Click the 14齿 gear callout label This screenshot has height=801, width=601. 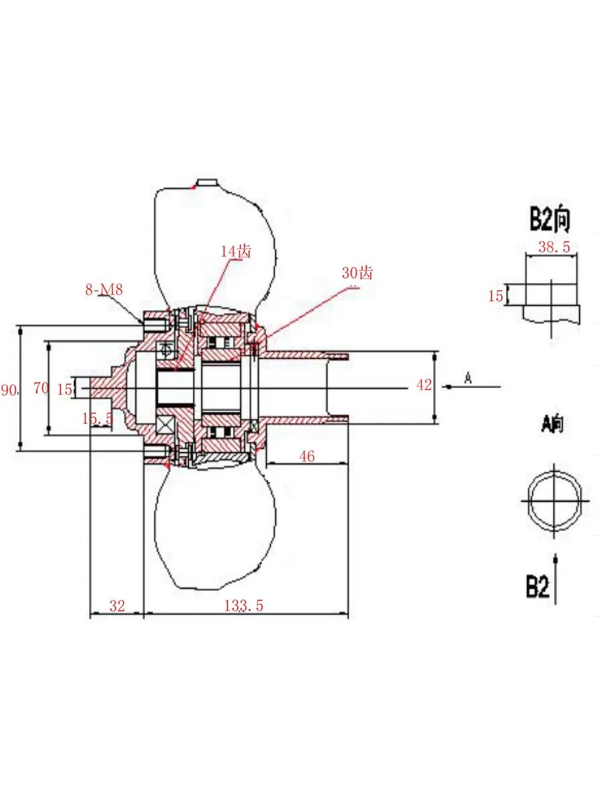[236, 252]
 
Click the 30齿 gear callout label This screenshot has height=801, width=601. [357, 272]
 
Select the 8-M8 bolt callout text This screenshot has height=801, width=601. [104, 290]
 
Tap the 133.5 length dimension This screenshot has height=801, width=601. [243, 606]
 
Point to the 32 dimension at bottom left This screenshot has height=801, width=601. [117, 606]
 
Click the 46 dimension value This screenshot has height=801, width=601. [307, 457]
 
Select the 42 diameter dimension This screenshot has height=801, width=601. [423, 385]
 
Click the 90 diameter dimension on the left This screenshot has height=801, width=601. [9, 390]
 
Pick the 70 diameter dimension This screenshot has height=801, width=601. [41, 388]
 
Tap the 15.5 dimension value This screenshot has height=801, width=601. [97, 419]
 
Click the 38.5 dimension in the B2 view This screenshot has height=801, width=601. [554, 247]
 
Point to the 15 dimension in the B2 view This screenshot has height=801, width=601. [495, 296]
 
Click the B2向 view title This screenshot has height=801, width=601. [550, 220]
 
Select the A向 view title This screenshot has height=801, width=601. [552, 425]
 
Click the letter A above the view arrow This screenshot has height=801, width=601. [468, 378]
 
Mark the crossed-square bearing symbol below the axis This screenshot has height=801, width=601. [166, 425]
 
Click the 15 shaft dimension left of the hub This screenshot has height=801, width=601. [65, 390]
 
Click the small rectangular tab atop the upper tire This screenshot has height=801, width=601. [207, 182]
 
